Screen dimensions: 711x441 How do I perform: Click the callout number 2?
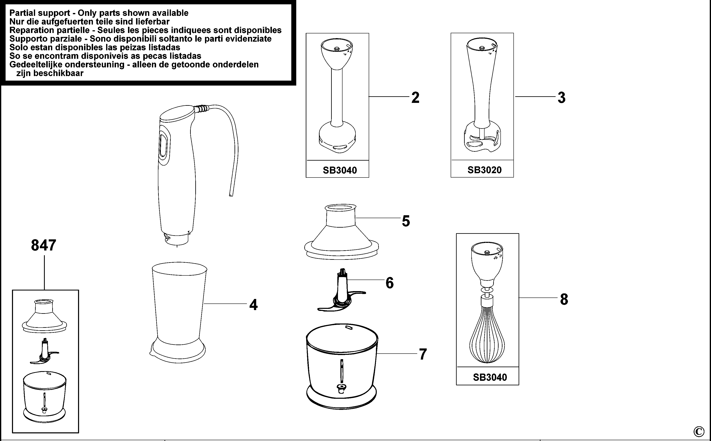pos(415,98)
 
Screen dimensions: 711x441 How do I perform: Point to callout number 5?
pos(406,221)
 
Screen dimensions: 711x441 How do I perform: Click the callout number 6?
pos(390,283)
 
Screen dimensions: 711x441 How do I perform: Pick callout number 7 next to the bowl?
pos(423,354)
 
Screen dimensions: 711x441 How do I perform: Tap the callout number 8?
pos(564,299)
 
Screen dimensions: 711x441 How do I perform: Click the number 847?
pos(44,245)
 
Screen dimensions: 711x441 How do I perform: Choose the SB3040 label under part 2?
pos(340,170)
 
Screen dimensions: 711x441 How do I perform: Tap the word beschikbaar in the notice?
pos(50,73)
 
